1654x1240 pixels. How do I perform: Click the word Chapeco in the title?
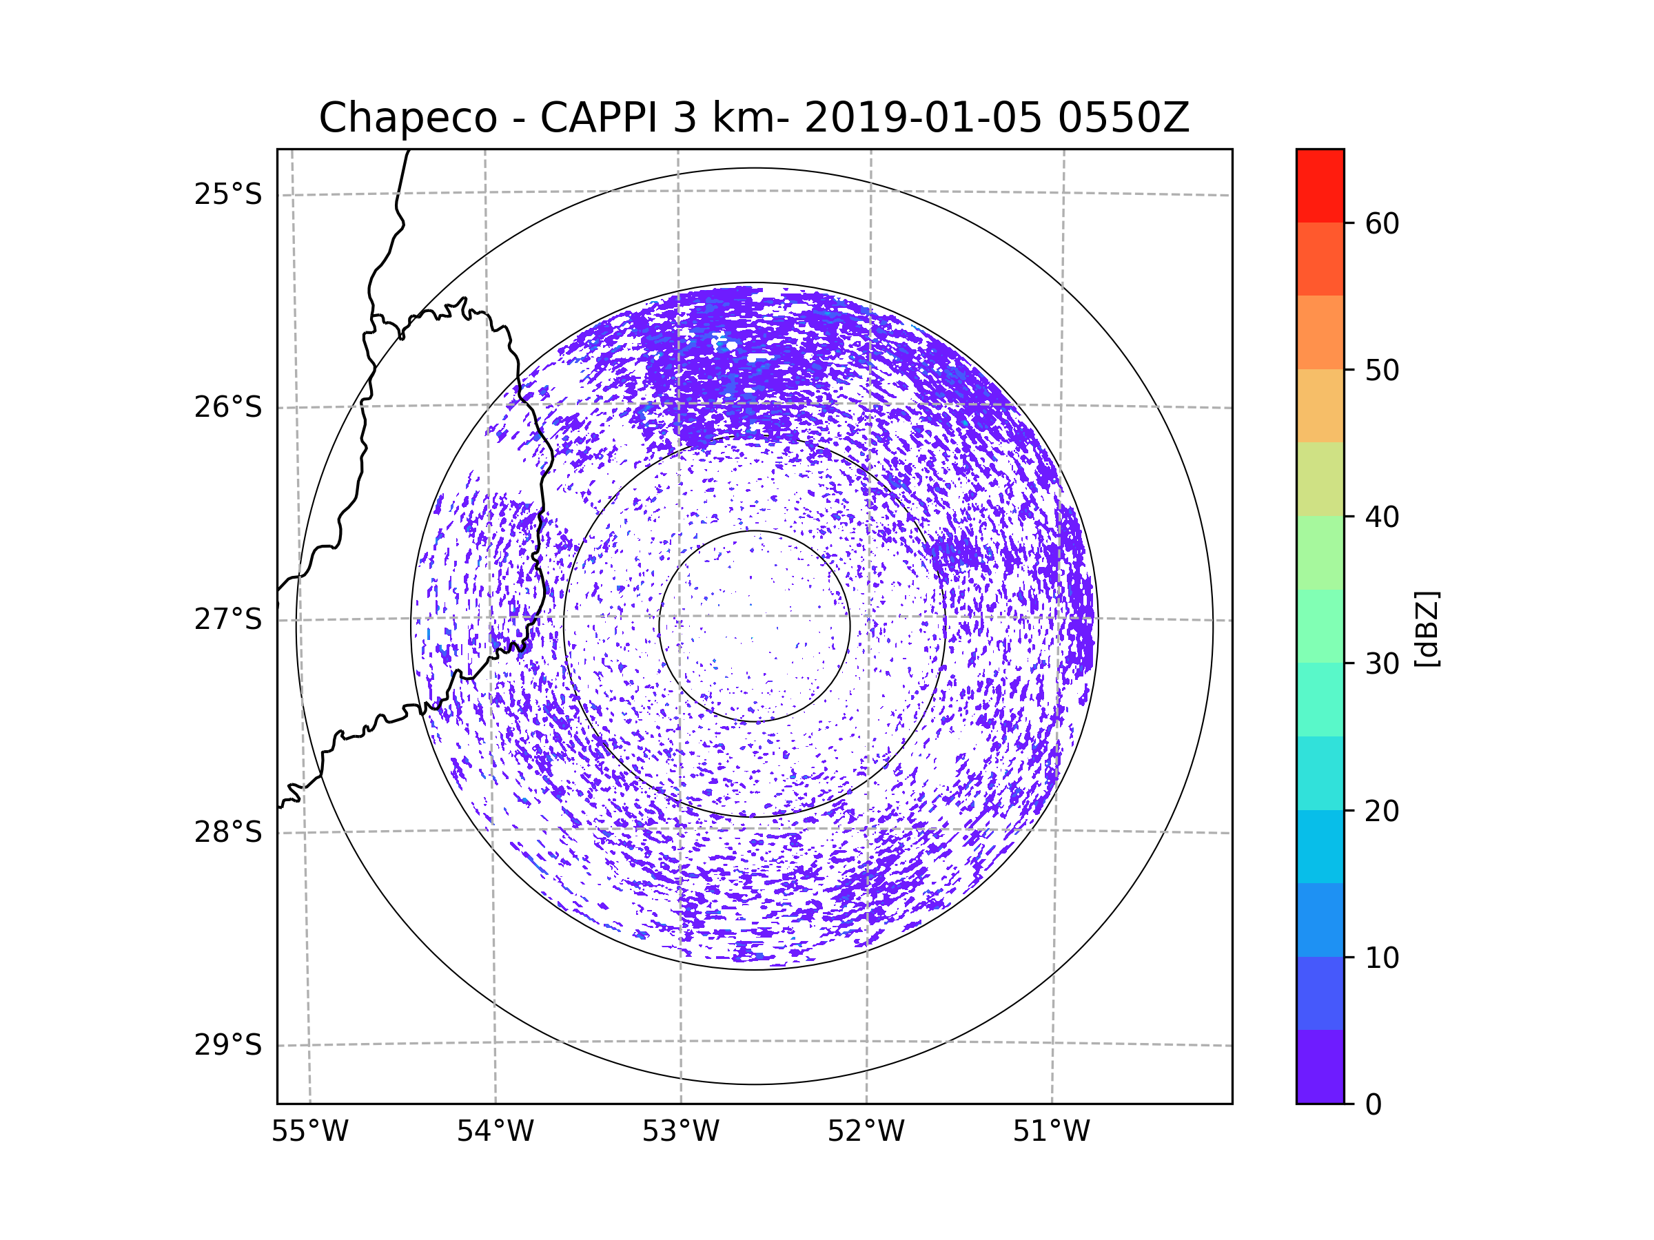pyautogui.click(x=407, y=118)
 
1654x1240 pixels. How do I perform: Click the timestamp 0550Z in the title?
pyautogui.click(x=1123, y=118)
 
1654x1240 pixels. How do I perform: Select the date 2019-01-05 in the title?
pyautogui.click(x=923, y=118)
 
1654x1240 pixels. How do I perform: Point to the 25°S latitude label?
pyautogui.click(x=228, y=194)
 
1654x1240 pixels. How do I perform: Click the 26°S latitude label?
pyautogui.click(x=228, y=407)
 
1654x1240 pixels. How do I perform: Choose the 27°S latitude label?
pyautogui.click(x=228, y=619)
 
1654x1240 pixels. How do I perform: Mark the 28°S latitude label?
pyautogui.click(x=228, y=832)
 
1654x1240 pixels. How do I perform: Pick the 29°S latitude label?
pyautogui.click(x=228, y=1045)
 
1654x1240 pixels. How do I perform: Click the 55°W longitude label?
pyautogui.click(x=309, y=1132)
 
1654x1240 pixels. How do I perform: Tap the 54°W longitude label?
pyautogui.click(x=495, y=1132)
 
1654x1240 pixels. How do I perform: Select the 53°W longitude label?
pyautogui.click(x=680, y=1132)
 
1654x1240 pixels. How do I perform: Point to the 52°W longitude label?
pyautogui.click(x=866, y=1132)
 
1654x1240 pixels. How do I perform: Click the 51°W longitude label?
pyautogui.click(x=1051, y=1132)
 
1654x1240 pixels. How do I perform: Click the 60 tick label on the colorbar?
pyautogui.click(x=1382, y=223)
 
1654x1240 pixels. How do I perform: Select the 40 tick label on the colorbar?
pyautogui.click(x=1382, y=517)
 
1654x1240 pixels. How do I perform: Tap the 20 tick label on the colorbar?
pyautogui.click(x=1382, y=811)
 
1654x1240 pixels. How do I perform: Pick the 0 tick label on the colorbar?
pyautogui.click(x=1374, y=1105)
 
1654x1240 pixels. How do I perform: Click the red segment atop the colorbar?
pyautogui.click(x=1320, y=185)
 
